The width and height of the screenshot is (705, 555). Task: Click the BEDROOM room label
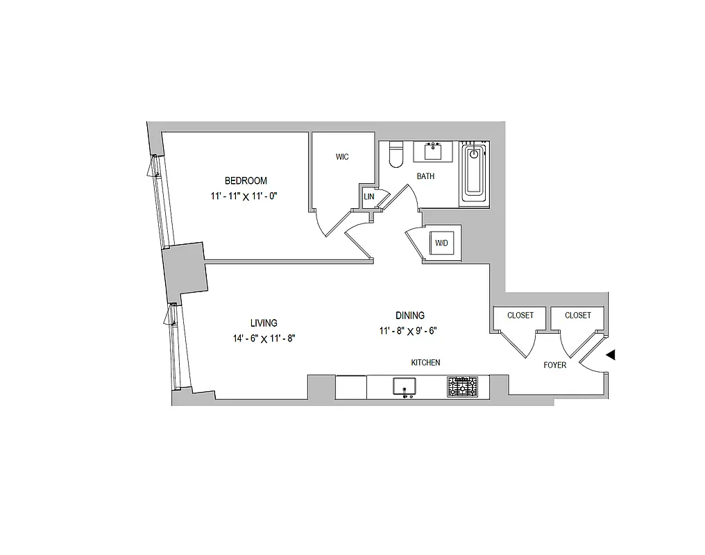point(246,181)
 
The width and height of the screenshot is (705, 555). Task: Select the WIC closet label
point(342,157)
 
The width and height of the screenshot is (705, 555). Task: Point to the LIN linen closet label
point(368,197)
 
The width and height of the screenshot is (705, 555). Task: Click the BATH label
point(425,176)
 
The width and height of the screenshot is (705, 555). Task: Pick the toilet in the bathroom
point(396,155)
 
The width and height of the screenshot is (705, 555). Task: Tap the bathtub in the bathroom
point(474,173)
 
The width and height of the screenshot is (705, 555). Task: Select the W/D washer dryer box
point(441,244)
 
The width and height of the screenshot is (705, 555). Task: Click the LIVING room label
point(264,323)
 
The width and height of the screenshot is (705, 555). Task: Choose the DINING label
point(410,315)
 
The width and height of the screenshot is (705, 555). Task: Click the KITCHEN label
point(425,363)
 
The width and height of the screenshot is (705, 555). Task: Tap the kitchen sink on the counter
point(403,386)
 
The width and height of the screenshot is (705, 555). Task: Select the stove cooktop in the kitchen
point(462,386)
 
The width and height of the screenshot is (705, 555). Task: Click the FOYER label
point(555,365)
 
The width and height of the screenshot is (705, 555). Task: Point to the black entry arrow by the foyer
point(611,355)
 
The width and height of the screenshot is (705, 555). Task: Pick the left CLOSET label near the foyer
point(520,316)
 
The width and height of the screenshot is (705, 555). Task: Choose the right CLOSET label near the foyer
point(578,316)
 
